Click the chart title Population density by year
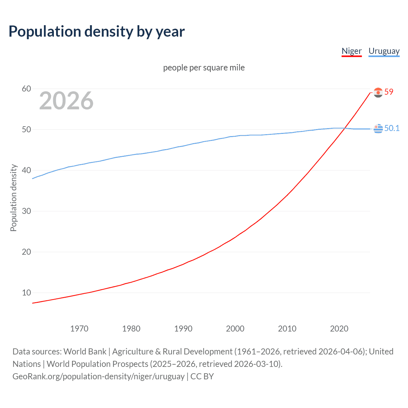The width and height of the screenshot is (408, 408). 97,32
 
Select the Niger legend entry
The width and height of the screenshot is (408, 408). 352,51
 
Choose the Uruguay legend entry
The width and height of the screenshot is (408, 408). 384,51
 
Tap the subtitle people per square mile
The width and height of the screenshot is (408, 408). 204,68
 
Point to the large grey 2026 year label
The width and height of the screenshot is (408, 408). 66,101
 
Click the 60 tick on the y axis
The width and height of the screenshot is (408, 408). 26,89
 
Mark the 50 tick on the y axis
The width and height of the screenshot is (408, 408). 26,129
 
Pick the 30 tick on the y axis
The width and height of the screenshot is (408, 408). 26,211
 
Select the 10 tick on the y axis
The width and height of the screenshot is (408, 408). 26,293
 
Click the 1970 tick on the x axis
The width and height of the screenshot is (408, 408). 79,329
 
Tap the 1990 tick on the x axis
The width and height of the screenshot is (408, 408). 183,329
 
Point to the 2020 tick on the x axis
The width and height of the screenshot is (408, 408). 339,329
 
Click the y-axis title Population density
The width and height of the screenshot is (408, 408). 13,198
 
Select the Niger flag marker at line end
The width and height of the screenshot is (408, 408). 378,92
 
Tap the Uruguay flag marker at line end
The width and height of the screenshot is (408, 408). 378,128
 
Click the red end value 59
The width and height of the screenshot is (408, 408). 389,92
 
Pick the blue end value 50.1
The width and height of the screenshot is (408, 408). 392,128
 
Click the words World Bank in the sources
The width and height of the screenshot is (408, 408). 85,352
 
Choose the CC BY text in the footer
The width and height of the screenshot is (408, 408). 202,376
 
